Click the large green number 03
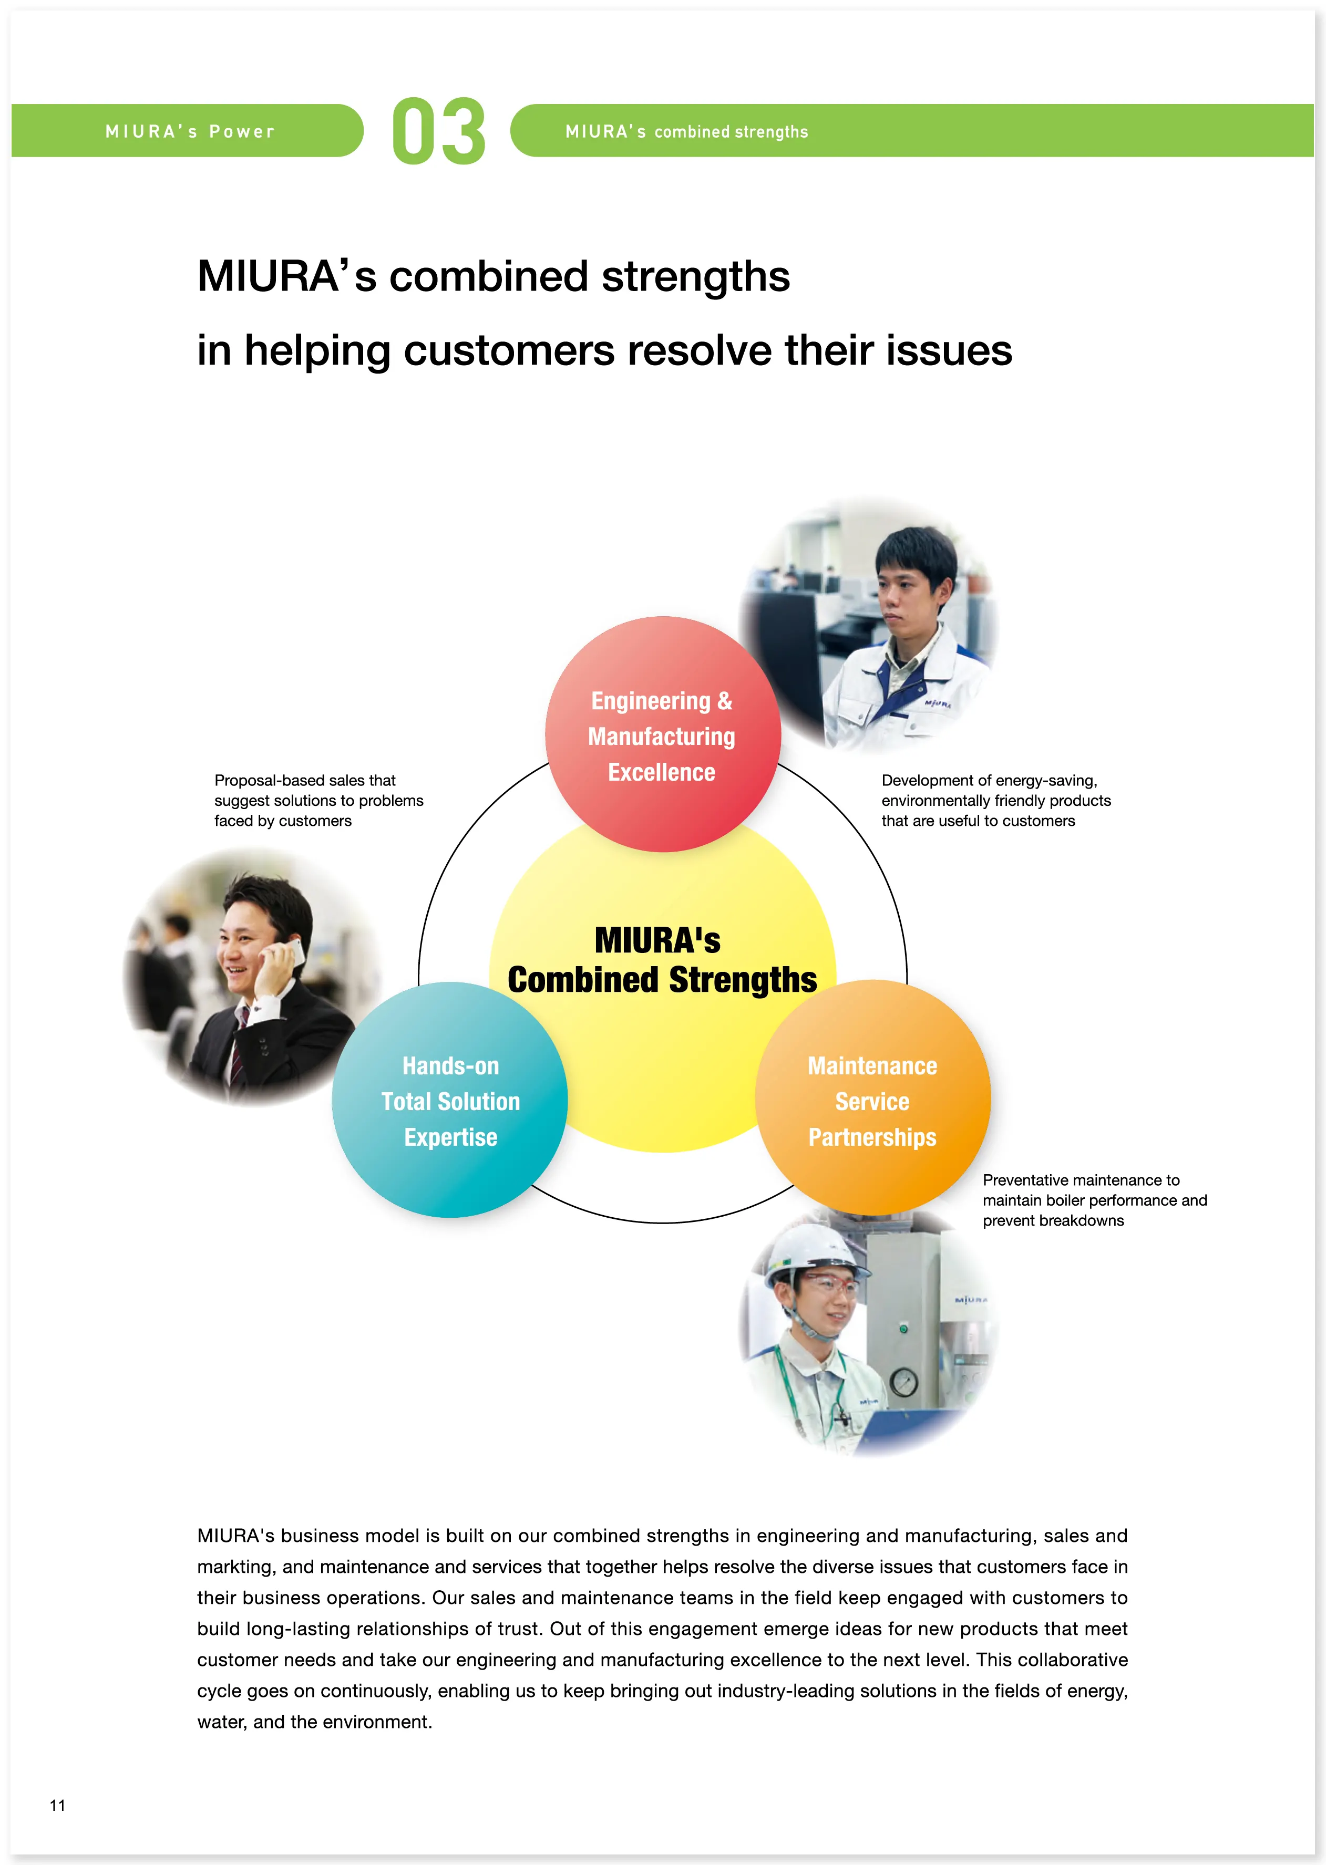438,131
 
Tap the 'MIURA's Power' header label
190,131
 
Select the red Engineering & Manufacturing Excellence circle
662,734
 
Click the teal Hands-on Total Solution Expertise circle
450,1100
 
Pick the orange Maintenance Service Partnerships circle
872,1100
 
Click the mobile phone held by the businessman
288,951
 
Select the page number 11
57,1805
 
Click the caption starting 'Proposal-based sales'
318,800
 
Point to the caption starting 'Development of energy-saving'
995,800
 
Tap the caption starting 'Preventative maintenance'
1094,1200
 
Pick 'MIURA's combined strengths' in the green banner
686,131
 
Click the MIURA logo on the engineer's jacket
938,703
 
